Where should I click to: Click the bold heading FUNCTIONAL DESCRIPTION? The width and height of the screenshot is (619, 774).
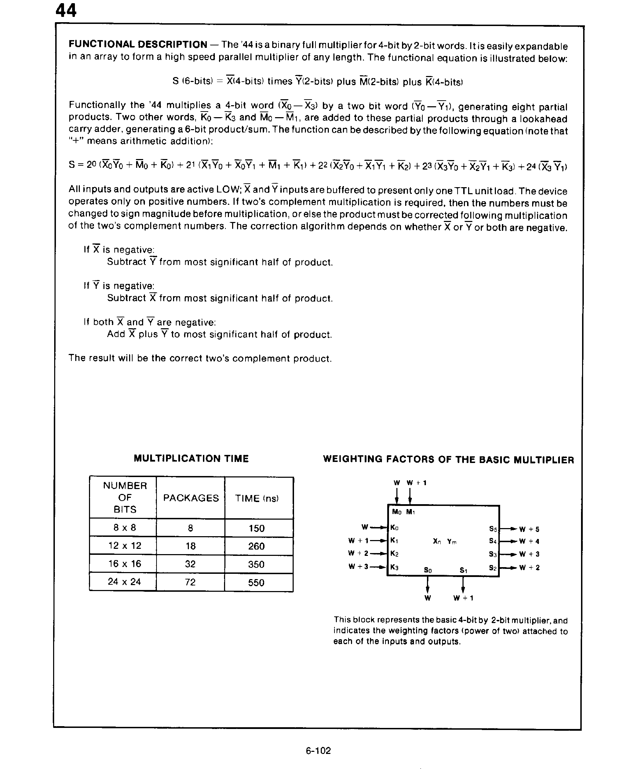pos(138,45)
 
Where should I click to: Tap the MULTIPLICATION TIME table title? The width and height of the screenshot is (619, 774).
pos(191,459)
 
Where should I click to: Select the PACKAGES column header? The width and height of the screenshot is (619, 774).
pos(191,498)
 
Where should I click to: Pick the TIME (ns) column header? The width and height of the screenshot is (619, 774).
pos(257,498)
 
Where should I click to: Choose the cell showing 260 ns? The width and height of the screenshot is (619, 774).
pos(256,546)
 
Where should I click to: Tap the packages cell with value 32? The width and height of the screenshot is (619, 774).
pos(190,564)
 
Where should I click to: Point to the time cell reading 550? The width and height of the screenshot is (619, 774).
pos(256,583)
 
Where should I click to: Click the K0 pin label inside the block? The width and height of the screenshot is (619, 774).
pos(394,528)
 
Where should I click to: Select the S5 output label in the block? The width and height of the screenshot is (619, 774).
pos(493,529)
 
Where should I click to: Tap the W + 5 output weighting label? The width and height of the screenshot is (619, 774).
pos(529,529)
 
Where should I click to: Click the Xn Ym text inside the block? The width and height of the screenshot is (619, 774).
pos(445,541)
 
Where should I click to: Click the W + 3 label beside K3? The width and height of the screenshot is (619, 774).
pos(358,566)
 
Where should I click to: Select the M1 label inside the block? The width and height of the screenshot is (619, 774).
pos(410,512)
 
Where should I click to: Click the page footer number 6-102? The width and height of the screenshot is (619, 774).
pos(318,750)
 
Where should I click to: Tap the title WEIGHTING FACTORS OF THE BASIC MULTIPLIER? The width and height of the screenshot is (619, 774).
pos(448,460)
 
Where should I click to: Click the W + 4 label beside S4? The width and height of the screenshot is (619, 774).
pos(529,541)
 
